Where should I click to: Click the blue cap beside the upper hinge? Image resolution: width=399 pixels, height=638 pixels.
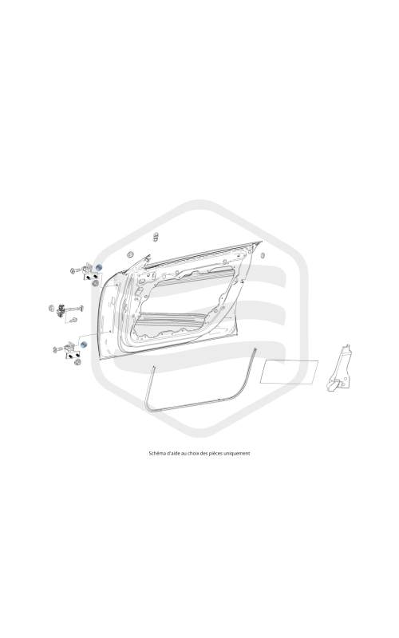[98, 268]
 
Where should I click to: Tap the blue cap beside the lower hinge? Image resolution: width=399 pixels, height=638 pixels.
[84, 345]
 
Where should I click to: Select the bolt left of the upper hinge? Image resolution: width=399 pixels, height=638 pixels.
[75, 270]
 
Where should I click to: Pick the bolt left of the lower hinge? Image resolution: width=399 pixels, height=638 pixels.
[58, 349]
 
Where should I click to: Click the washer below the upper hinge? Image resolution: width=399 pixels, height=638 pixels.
[95, 282]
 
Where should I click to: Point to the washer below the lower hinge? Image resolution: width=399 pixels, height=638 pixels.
[77, 361]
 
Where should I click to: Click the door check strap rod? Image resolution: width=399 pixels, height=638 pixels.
[74, 309]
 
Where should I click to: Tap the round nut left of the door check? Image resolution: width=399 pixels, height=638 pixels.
[52, 308]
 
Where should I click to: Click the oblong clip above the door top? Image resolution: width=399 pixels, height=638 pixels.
[156, 236]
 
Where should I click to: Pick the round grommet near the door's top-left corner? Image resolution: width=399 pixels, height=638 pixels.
[131, 254]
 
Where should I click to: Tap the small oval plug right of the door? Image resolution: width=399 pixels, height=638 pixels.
[263, 255]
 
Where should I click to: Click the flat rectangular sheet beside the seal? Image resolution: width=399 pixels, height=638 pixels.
[289, 372]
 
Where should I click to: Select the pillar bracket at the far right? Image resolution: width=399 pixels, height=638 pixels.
[340, 368]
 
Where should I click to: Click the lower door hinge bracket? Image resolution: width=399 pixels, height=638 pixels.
[70, 348]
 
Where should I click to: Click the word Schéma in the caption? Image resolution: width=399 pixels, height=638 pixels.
[157, 453]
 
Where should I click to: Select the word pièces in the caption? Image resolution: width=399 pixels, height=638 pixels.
[215, 453]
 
